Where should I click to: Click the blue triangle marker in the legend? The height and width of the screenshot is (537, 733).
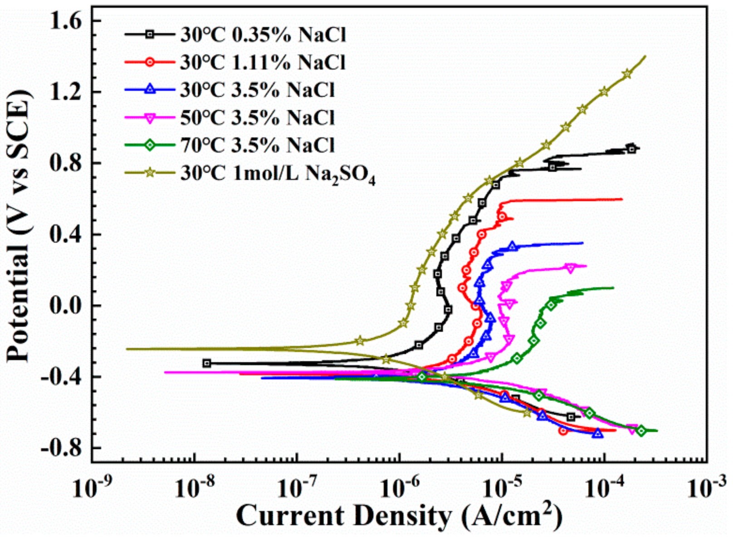(x=150, y=90)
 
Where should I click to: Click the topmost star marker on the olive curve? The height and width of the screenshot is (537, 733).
(x=627, y=74)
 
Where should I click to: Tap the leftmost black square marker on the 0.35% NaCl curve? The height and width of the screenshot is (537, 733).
(x=207, y=363)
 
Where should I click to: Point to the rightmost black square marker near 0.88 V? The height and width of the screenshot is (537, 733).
(x=631, y=148)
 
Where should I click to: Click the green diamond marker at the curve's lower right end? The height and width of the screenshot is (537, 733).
(x=640, y=431)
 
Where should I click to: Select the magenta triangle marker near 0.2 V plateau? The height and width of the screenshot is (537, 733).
(x=570, y=268)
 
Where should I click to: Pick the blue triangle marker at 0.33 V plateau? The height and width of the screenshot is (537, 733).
(x=513, y=246)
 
